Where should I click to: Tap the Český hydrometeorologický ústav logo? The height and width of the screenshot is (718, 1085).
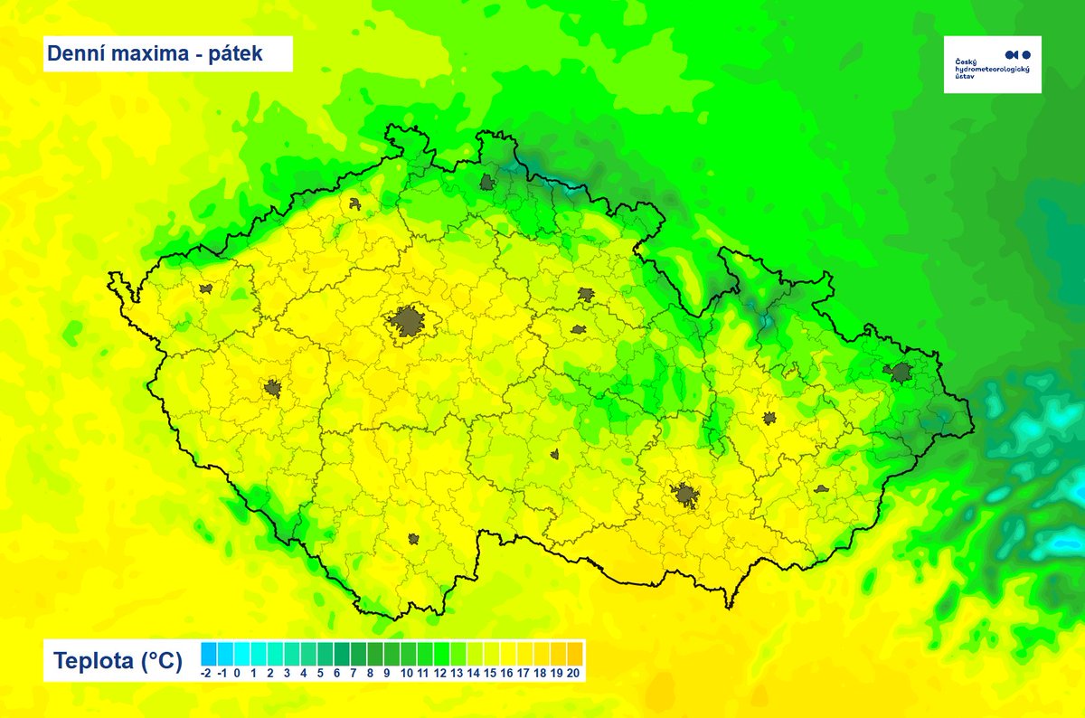[992, 64]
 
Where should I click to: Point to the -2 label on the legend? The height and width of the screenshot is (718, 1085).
[205, 674]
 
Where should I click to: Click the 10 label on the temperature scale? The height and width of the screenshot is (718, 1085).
[407, 674]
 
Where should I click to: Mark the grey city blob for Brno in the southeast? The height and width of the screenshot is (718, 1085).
[684, 495]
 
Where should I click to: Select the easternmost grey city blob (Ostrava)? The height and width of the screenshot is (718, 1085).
[900, 372]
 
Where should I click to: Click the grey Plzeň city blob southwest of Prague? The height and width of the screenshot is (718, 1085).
[273, 389]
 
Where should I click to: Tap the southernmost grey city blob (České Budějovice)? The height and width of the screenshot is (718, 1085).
[413, 539]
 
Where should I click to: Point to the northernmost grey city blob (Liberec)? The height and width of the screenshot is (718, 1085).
[489, 183]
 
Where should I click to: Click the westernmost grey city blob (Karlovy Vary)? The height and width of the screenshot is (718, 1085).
[206, 289]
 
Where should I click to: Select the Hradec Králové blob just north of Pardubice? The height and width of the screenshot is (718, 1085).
[586, 294]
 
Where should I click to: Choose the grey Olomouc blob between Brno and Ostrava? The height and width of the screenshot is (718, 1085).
[769, 418]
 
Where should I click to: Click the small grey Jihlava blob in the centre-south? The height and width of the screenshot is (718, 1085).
[554, 455]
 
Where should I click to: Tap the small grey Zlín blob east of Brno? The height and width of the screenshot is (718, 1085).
[821, 488]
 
